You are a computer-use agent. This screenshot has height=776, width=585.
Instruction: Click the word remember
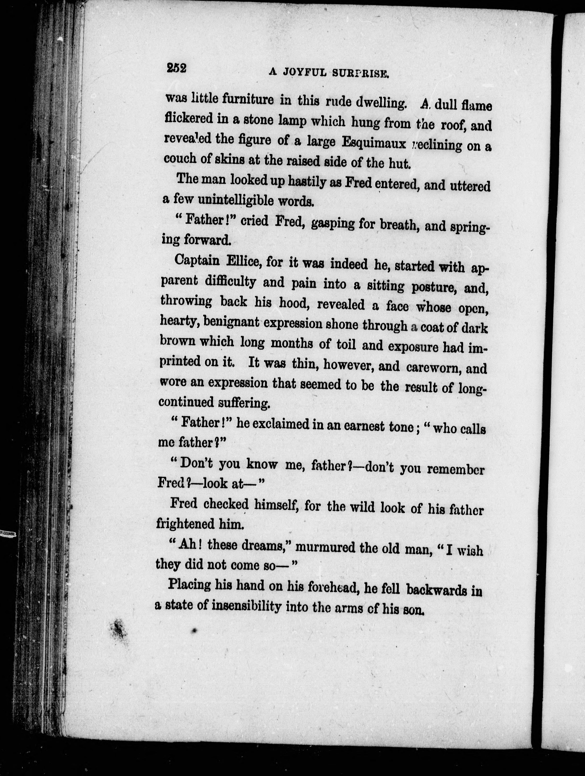click(457, 469)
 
